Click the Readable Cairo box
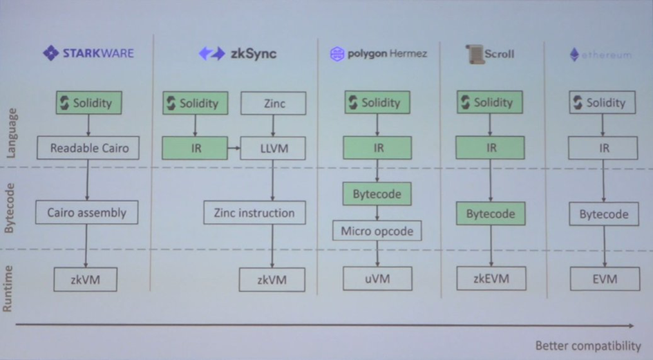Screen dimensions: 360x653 88,147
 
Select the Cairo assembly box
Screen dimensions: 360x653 87,212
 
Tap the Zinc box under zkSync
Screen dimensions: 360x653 274,104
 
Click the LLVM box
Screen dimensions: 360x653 273,148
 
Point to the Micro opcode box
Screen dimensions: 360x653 377,231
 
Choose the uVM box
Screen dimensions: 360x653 377,278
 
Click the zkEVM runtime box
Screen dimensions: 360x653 491,278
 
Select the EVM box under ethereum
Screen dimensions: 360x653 603,279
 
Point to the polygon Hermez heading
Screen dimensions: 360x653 378,54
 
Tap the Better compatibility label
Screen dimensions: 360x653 588,345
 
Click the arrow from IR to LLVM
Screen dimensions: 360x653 234,148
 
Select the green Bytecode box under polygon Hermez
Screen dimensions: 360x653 377,194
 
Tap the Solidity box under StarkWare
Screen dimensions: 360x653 88,103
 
